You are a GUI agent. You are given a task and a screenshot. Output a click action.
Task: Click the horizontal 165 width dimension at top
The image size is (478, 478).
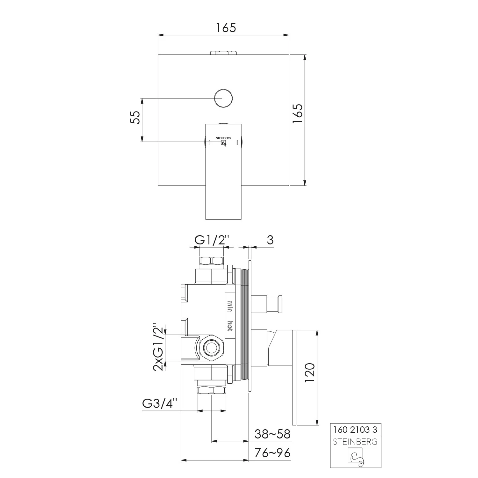point(226,28)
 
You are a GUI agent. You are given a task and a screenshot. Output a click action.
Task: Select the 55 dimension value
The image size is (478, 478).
point(135,118)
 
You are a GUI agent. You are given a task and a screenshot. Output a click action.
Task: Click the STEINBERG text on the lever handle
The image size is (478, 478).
point(223,138)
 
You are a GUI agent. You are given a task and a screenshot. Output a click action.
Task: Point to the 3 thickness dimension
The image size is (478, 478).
point(270,240)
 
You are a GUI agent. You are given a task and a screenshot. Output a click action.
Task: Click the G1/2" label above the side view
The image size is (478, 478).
point(212,240)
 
